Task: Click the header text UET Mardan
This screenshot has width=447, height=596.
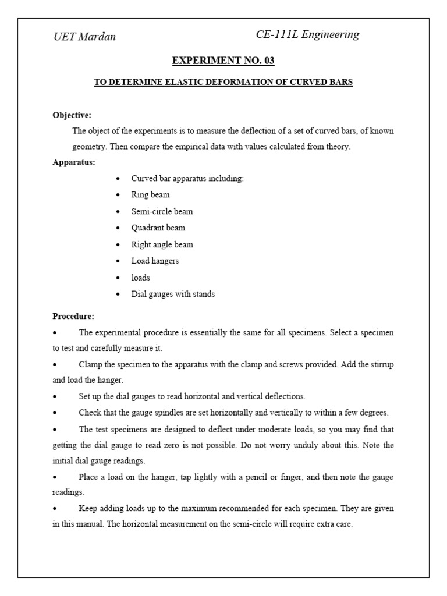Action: (84, 37)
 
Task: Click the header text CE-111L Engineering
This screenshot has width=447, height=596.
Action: (307, 34)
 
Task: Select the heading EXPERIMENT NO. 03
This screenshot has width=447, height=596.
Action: (223, 61)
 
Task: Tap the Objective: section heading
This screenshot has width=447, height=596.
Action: (72, 115)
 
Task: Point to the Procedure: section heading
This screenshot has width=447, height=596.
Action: (73, 317)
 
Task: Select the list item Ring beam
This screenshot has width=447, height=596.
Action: (150, 195)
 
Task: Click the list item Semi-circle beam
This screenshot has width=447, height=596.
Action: (162, 211)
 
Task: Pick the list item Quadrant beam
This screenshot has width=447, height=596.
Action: (158, 228)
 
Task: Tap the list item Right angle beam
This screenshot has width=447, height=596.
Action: (162, 244)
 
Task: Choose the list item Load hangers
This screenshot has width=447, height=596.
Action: (155, 261)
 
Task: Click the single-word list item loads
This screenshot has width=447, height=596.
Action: (140, 278)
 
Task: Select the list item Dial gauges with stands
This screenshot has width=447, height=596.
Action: (173, 294)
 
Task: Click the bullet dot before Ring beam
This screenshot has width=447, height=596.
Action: (119, 195)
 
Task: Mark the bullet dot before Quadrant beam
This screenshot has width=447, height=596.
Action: (119, 228)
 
